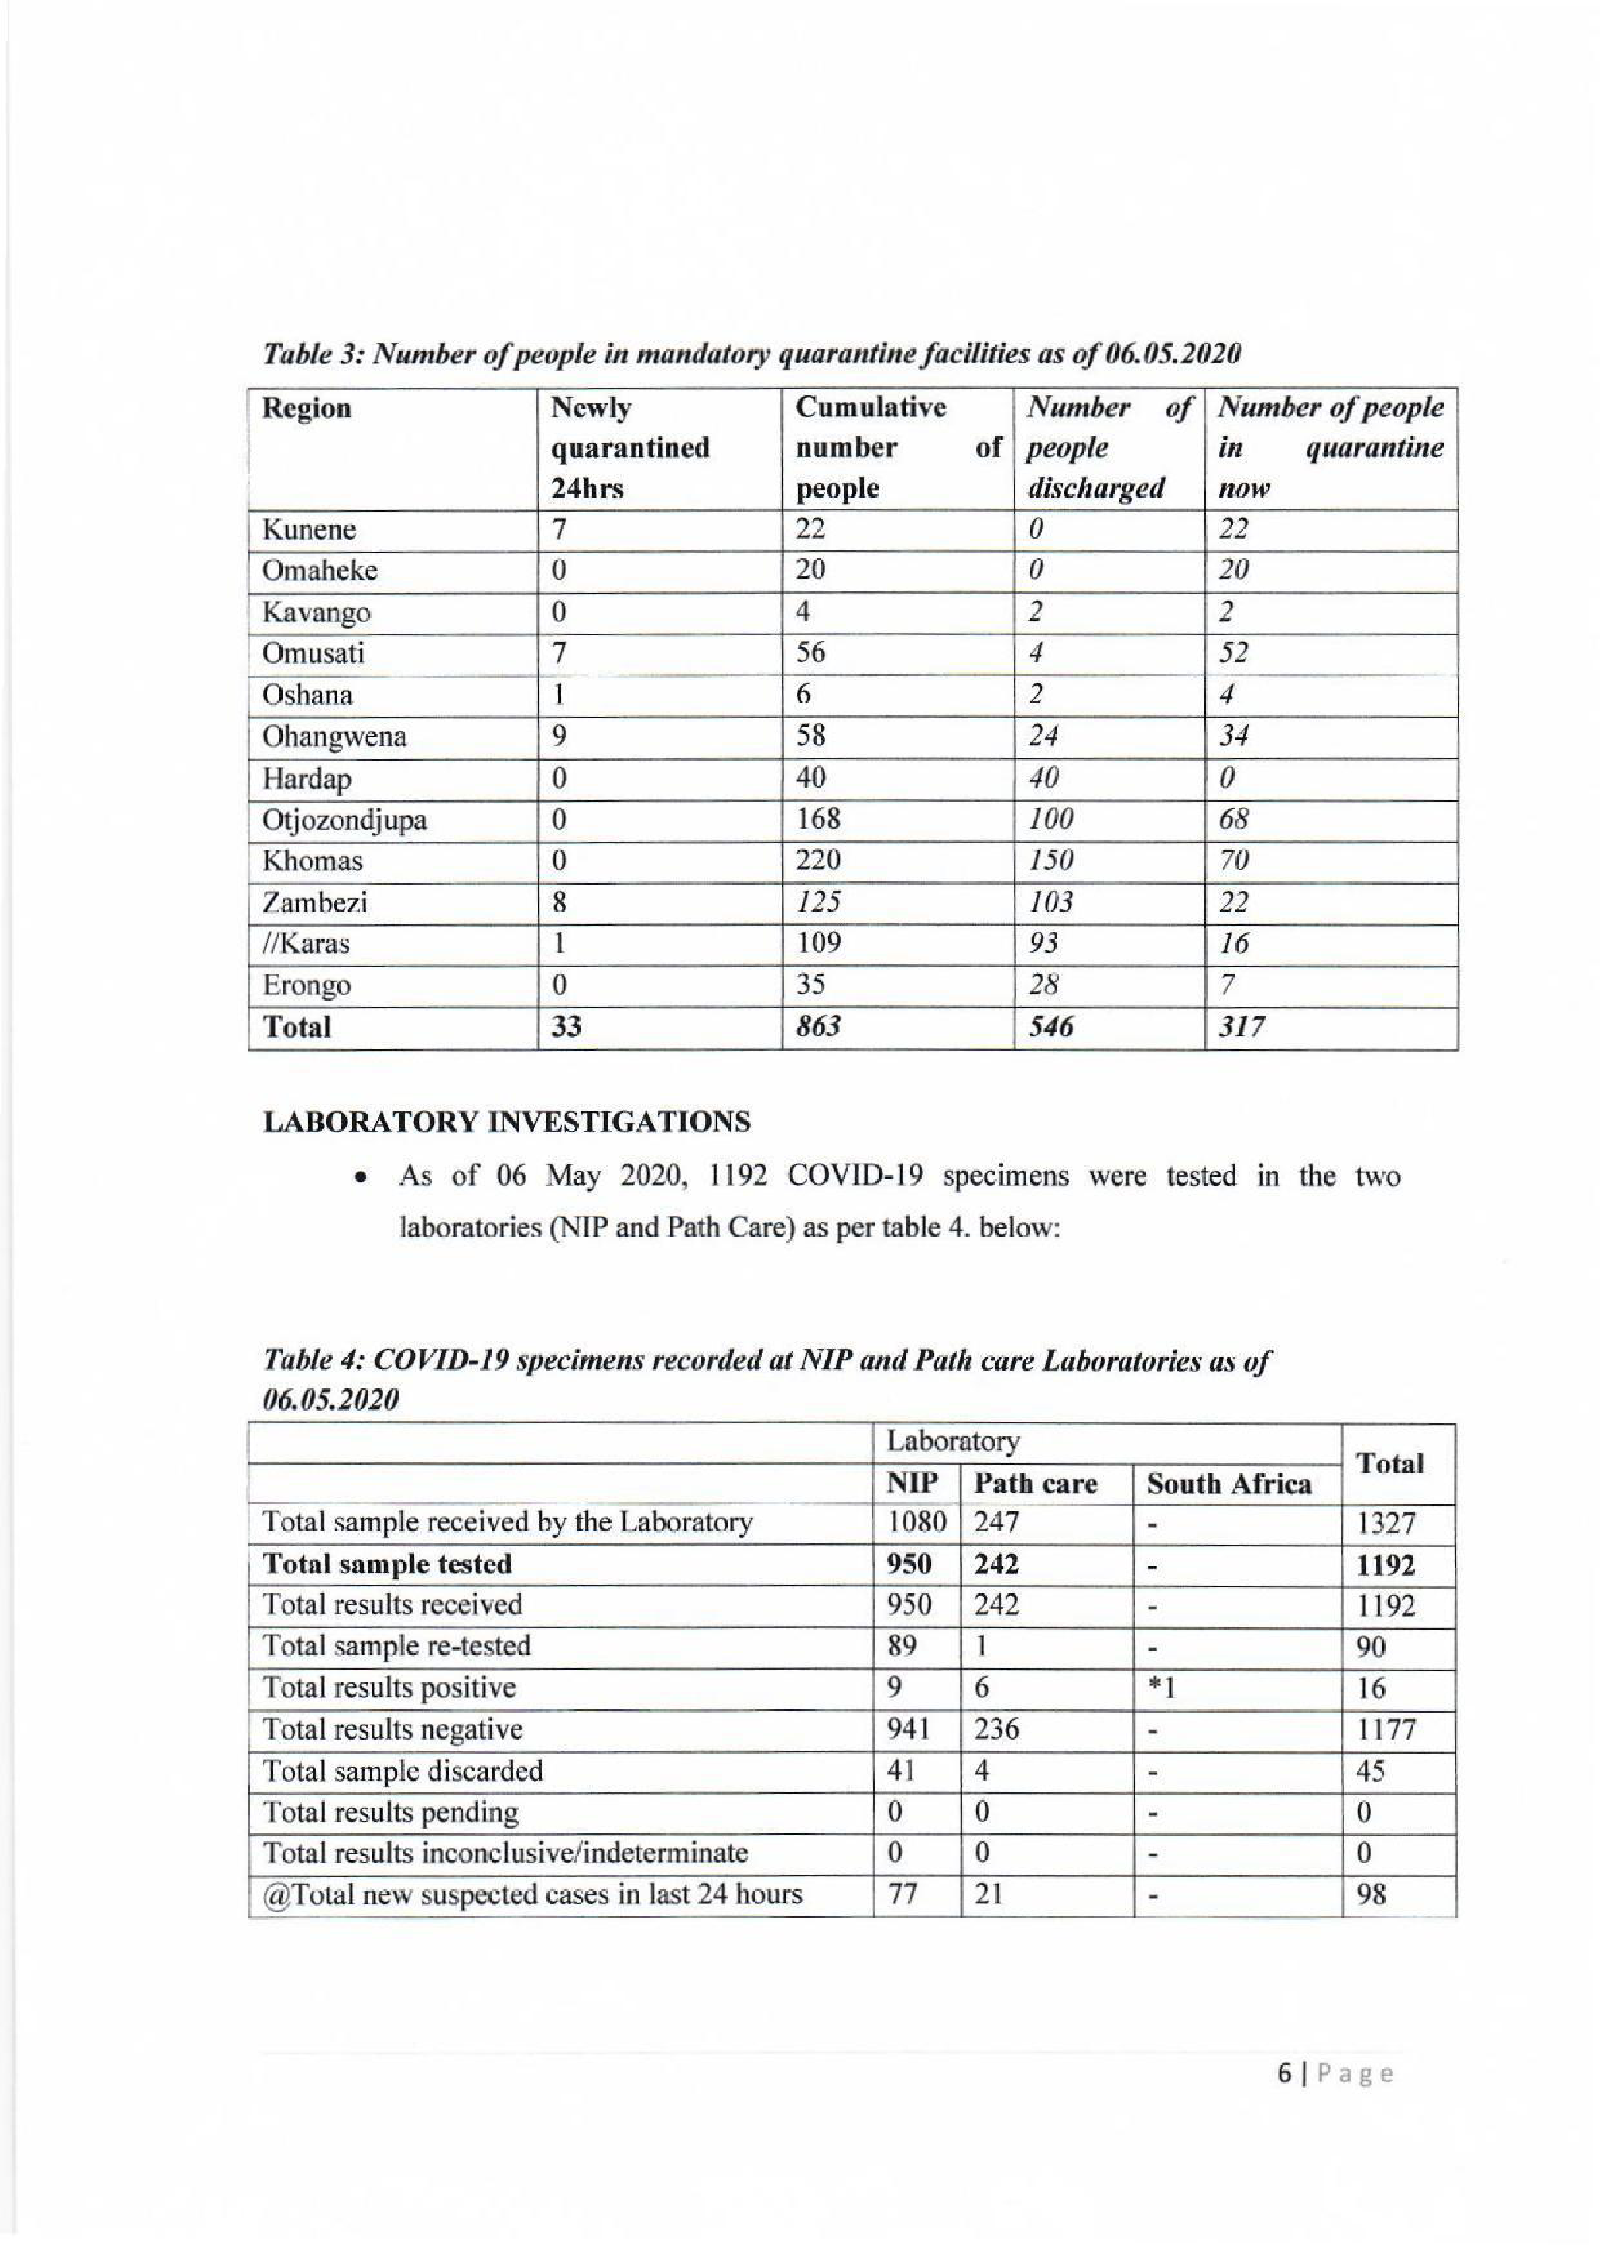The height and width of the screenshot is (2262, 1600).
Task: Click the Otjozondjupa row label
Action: pyautogui.click(x=344, y=820)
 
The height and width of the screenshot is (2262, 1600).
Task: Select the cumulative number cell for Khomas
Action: pyautogui.click(x=817, y=861)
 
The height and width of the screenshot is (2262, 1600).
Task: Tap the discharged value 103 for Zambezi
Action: pyautogui.click(x=1050, y=902)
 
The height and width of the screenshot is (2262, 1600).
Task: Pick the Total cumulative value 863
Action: pyautogui.click(x=817, y=1028)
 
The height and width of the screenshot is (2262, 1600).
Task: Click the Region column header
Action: pyautogui.click(x=307, y=408)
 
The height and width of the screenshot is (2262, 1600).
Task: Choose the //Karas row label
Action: pyautogui.click(x=306, y=944)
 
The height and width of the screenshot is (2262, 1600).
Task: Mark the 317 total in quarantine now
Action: pyautogui.click(x=1242, y=1028)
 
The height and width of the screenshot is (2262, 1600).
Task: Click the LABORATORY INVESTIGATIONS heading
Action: pyautogui.click(x=506, y=1122)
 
